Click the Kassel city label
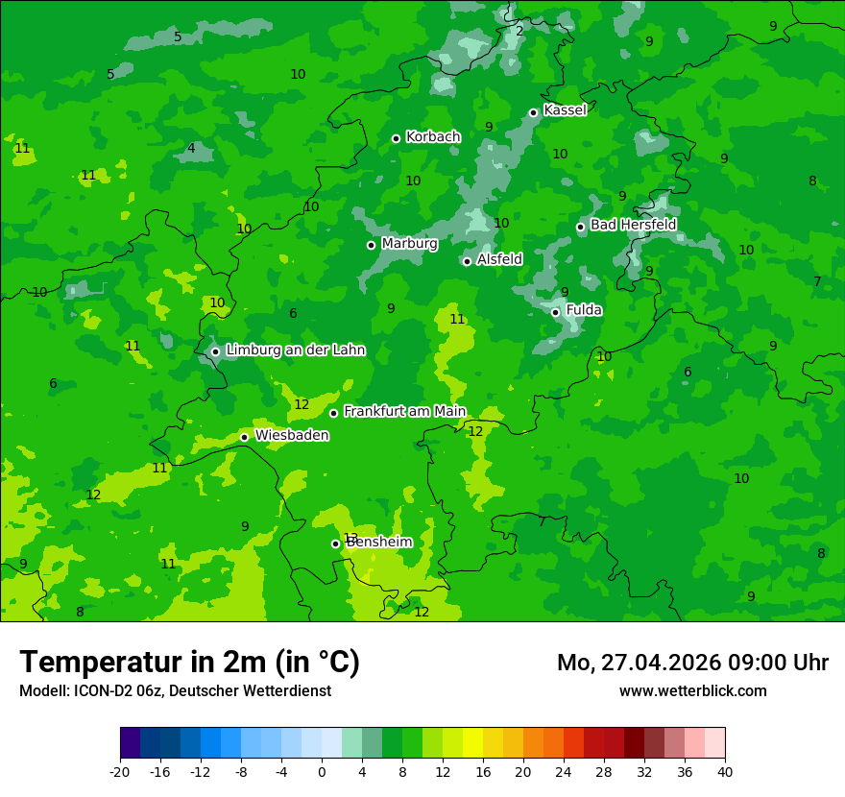pos(565,110)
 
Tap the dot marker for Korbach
pos(396,138)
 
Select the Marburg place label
pos(409,244)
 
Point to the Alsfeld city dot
pos(467,261)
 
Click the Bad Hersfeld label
pos(633,225)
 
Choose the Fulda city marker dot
pos(555,312)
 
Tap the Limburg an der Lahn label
pos(295,350)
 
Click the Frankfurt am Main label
pos(404,411)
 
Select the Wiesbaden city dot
pos(244,437)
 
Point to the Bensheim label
pos(379,542)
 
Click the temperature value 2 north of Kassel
pos(519,31)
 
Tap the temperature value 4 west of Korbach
pos(191,148)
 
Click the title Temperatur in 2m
pos(189,662)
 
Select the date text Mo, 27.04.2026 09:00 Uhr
pos(692,663)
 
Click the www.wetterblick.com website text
pos(692,690)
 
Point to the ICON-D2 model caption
pos(175,690)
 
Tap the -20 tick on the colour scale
pos(120,771)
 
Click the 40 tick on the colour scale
pos(725,771)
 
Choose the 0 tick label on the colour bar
pos(322,771)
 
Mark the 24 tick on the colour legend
pos(564,771)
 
